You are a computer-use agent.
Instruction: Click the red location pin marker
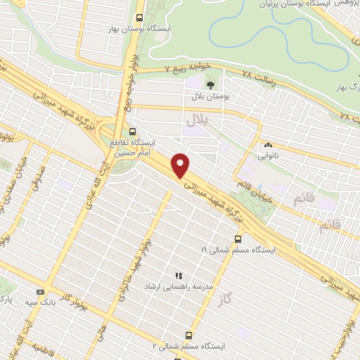pos(181,165)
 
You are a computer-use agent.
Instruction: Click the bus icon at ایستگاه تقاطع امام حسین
pos(134,131)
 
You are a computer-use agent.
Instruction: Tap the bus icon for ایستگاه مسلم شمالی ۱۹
pos(237,239)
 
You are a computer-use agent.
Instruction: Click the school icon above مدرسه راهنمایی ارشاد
pos(178,276)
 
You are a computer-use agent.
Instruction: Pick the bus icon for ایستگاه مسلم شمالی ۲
pos(188,335)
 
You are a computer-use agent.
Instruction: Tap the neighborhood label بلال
pos(198,122)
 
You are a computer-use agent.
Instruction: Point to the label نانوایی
pos(267,156)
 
